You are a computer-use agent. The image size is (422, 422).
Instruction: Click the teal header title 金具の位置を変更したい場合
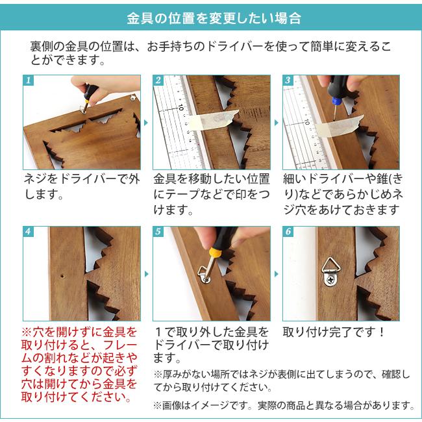tap(214, 18)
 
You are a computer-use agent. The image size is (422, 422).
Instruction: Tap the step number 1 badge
tap(29, 81)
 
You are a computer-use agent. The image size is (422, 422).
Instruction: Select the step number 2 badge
tap(158, 81)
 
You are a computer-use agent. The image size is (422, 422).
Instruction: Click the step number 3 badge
tap(288, 81)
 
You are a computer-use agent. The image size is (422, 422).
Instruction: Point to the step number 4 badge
tap(29, 232)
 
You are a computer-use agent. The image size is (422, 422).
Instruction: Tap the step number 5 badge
tap(158, 232)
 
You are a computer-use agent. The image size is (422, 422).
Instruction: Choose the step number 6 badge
tap(288, 232)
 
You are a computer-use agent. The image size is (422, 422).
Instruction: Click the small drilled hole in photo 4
tap(62, 276)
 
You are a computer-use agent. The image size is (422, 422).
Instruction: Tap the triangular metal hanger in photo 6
tap(330, 271)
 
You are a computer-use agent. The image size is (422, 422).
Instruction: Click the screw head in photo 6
tap(330, 280)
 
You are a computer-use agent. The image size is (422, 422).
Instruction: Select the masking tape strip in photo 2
tap(212, 119)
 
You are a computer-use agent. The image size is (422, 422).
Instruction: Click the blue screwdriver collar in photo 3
tap(336, 101)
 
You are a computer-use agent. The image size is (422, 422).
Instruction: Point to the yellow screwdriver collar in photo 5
tap(216, 253)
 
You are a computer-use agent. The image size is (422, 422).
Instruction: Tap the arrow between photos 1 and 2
tap(146, 123)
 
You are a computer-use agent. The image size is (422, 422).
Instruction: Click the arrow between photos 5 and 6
tap(276, 274)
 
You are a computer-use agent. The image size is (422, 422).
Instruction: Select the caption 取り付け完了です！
tap(334, 332)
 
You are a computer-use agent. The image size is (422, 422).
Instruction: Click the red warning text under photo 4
tap(79, 365)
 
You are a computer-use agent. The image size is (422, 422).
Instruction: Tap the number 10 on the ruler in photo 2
tap(180, 107)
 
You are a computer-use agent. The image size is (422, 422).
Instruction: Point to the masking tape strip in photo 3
tap(340, 126)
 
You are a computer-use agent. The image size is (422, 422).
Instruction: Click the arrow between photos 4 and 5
tap(146, 274)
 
